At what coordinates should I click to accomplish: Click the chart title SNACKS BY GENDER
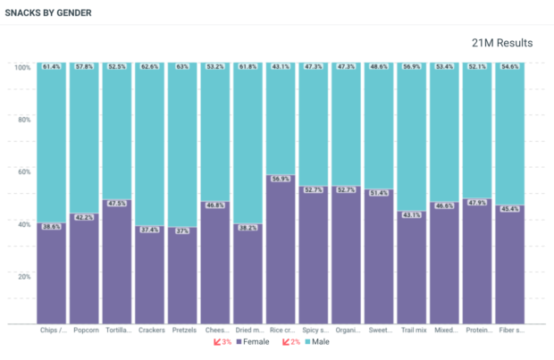pos(48,13)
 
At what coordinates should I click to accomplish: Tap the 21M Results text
pos(502,43)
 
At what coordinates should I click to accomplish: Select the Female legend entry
pos(253,342)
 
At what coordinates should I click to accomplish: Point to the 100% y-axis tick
pos(22,67)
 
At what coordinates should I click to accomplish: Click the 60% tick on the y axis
pos(24,172)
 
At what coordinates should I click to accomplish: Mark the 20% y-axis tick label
pos(24,276)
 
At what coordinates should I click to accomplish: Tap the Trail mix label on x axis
pos(413,331)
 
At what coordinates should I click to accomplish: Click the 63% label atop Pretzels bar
pos(182,67)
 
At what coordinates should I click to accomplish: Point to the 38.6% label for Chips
pos(52,227)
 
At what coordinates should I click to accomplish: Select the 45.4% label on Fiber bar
pos(510,209)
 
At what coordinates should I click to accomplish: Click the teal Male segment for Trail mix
pos(412,143)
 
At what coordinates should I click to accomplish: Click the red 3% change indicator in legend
pos(222,342)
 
